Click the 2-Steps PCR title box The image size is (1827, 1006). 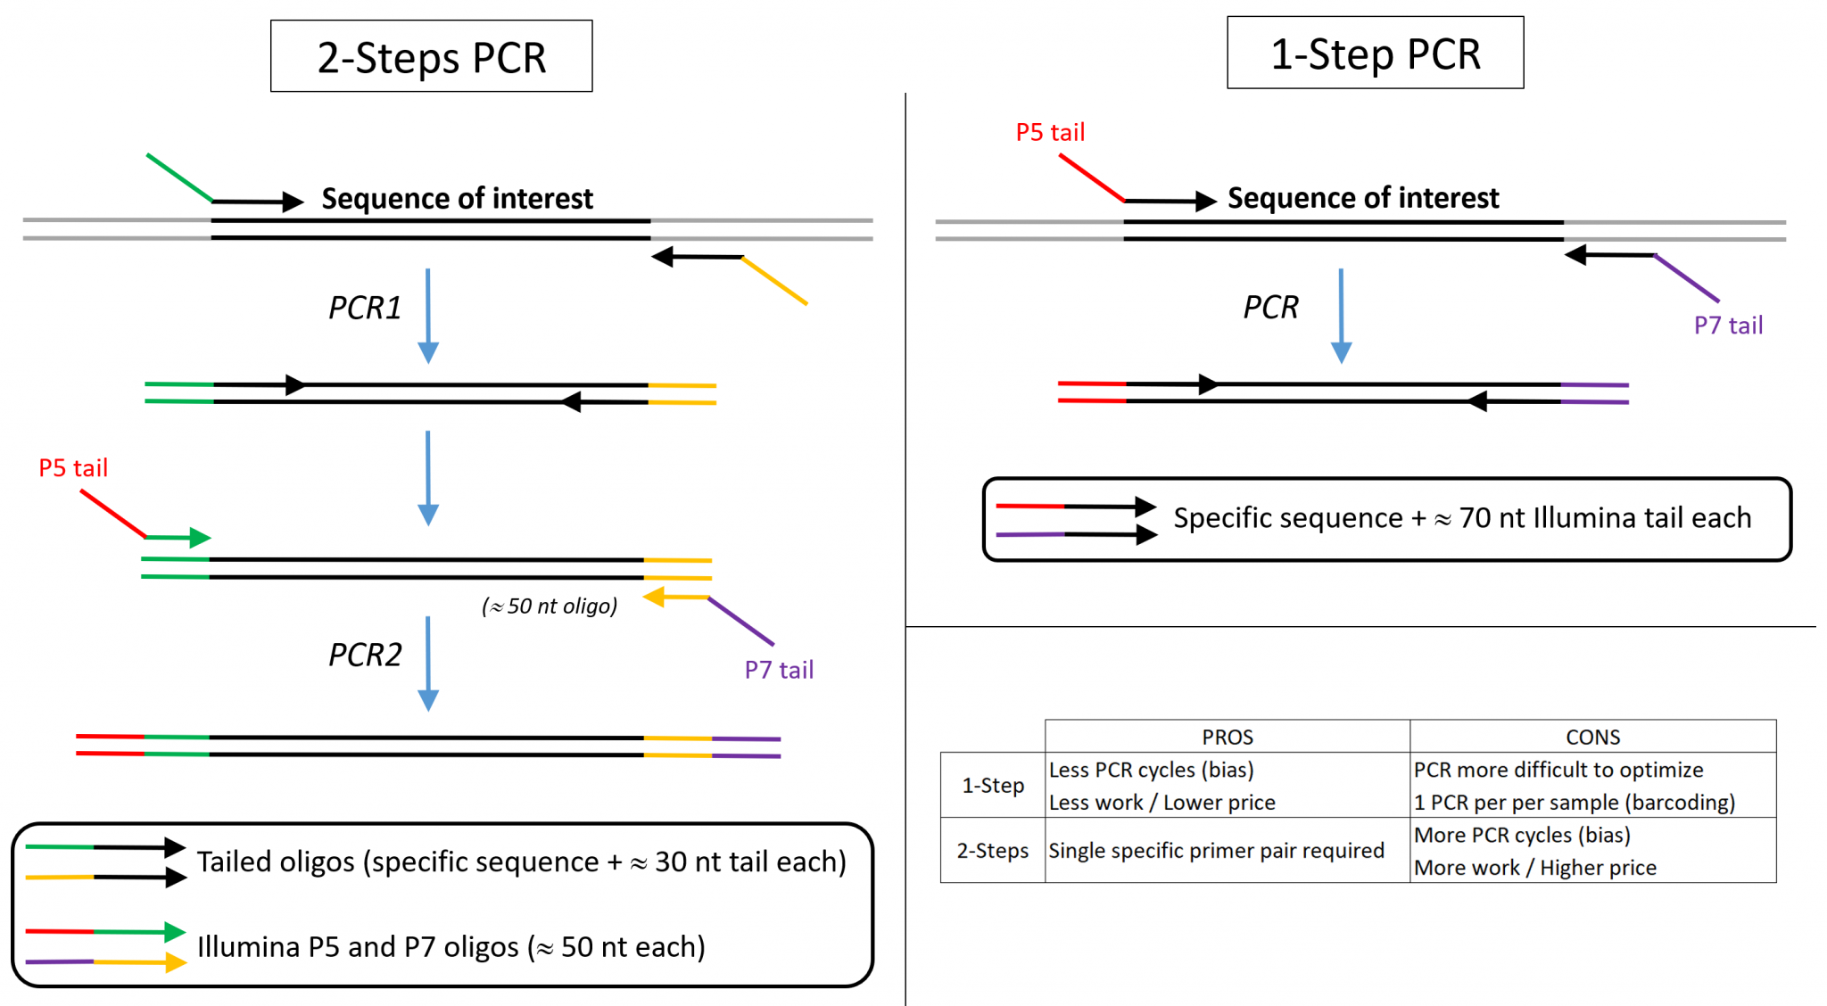point(432,56)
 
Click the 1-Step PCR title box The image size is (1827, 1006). point(1375,53)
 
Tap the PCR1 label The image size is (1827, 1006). point(365,308)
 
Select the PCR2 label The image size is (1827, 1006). point(365,655)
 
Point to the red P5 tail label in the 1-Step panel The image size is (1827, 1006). point(1050,132)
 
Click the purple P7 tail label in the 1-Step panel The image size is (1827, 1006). point(1728,326)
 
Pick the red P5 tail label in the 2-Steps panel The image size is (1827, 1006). point(73,467)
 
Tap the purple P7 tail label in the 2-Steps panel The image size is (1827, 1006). point(779,670)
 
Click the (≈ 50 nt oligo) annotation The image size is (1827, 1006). point(550,606)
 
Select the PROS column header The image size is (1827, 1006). point(1228,737)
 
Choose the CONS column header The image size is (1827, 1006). point(1592,737)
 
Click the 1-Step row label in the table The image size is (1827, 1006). point(993,785)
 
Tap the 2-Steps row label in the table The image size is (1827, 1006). point(993,850)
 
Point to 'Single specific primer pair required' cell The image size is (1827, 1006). point(1216,850)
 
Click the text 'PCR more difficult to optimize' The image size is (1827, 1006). point(1558,770)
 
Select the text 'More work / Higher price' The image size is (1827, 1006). point(1534,867)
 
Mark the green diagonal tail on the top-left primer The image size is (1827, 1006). point(179,177)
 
